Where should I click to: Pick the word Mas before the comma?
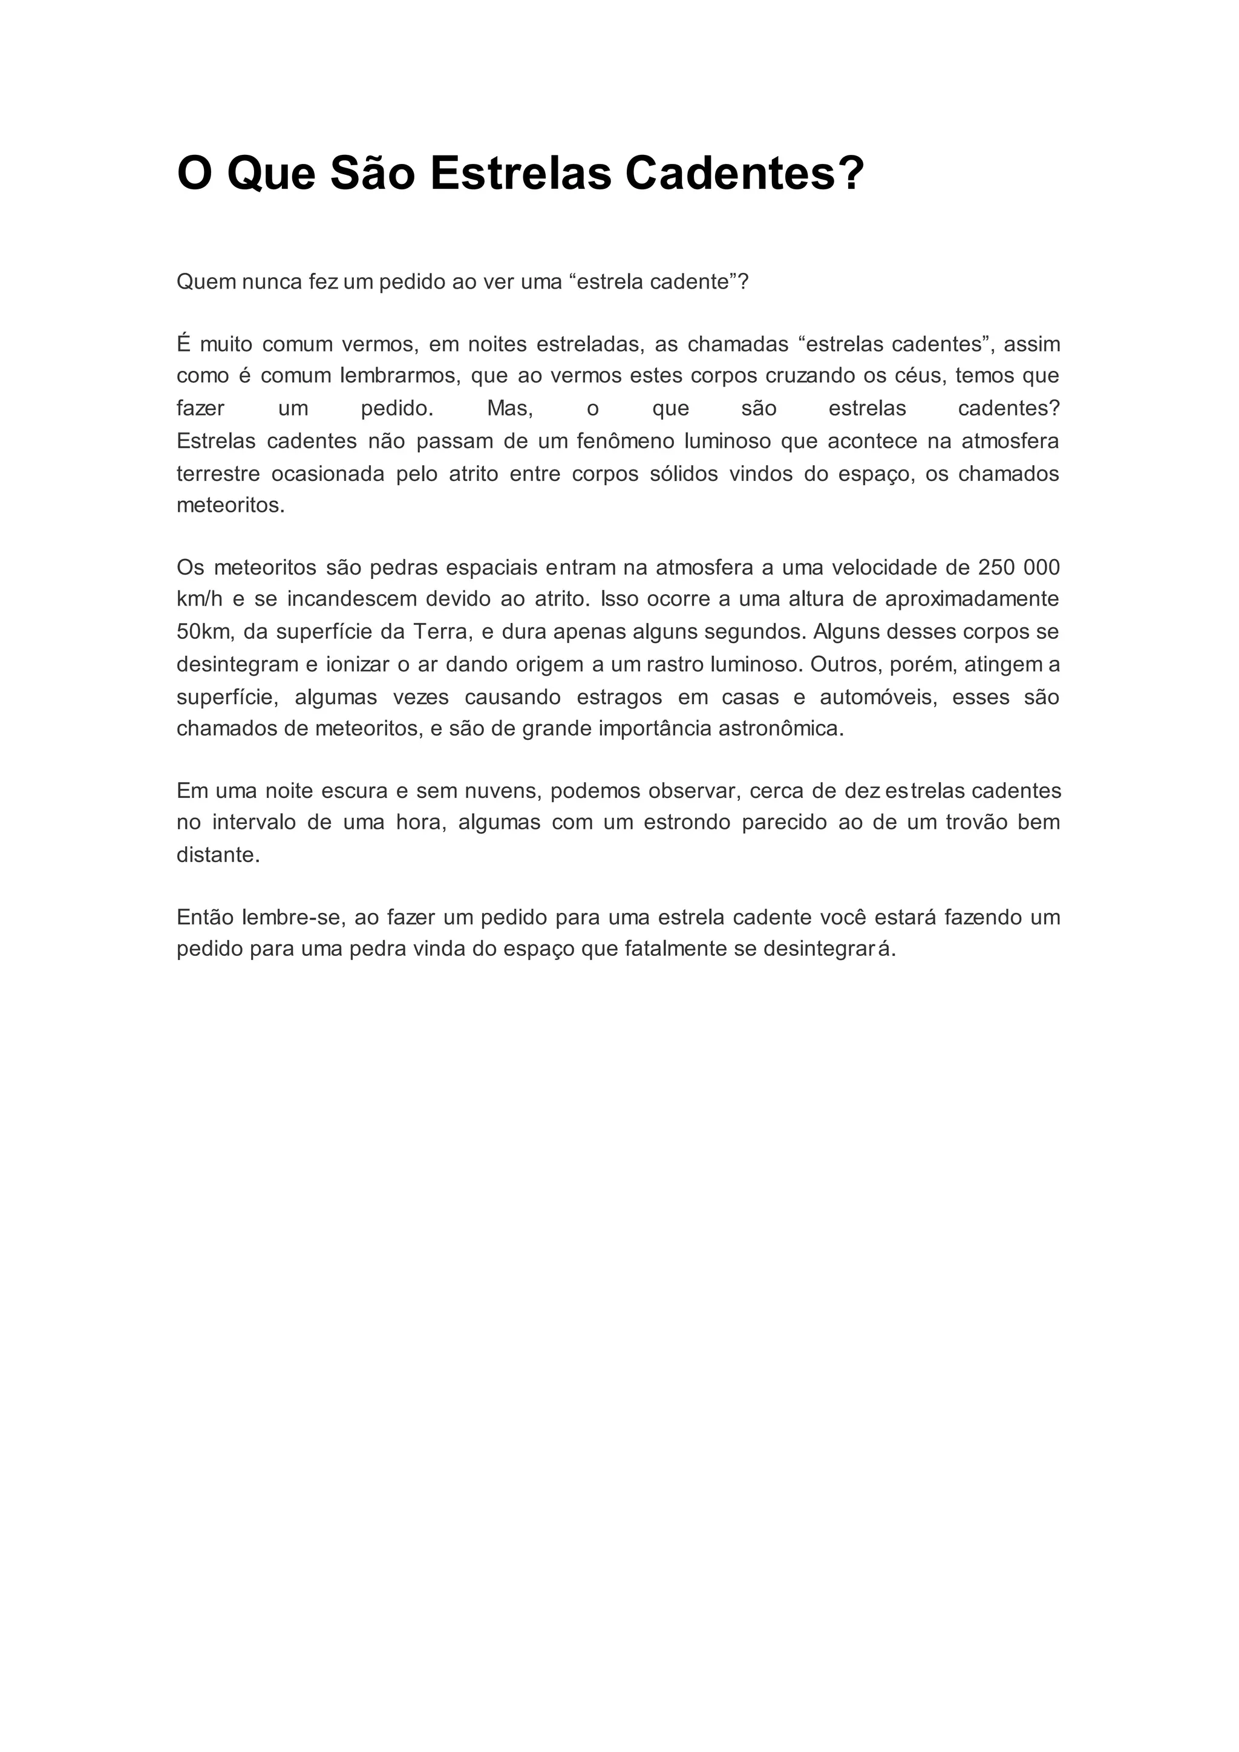[508, 409]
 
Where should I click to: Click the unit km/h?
[200, 600]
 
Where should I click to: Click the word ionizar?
[357, 665]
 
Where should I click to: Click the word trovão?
[976, 823]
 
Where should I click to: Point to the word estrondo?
[687, 823]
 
